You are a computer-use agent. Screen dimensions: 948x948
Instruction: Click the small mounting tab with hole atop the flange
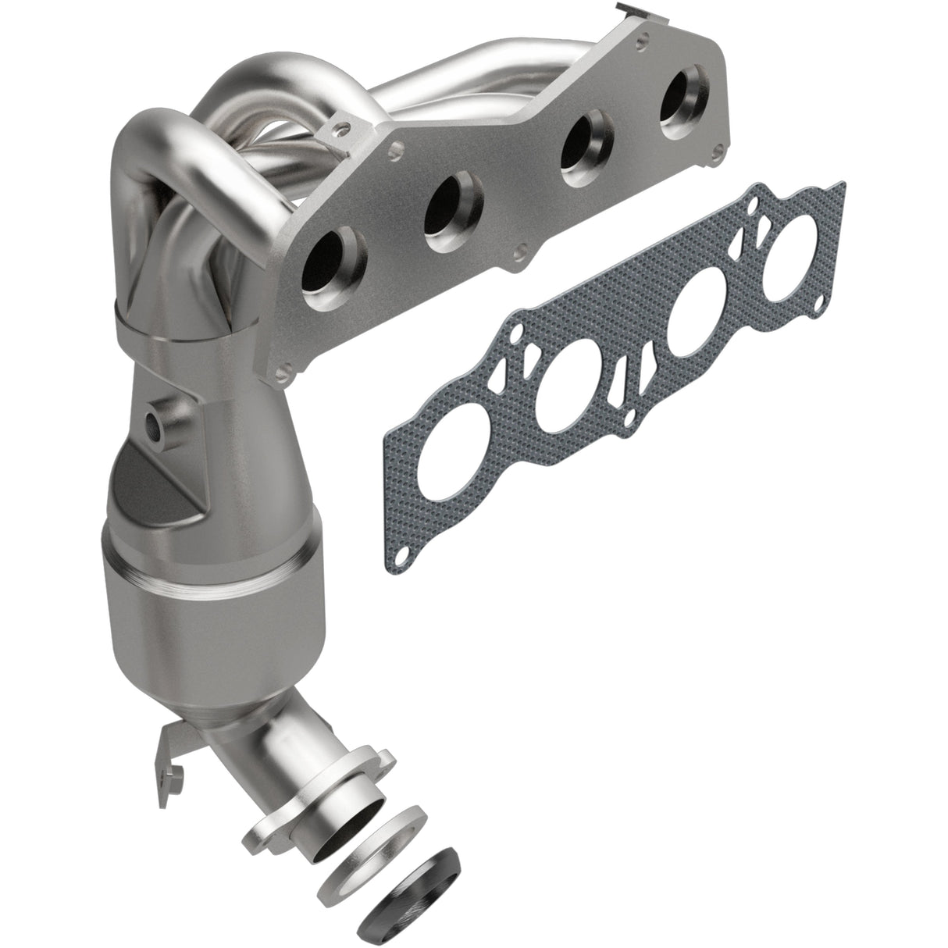click(341, 125)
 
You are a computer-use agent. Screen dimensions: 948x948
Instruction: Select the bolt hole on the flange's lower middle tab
click(519, 254)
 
